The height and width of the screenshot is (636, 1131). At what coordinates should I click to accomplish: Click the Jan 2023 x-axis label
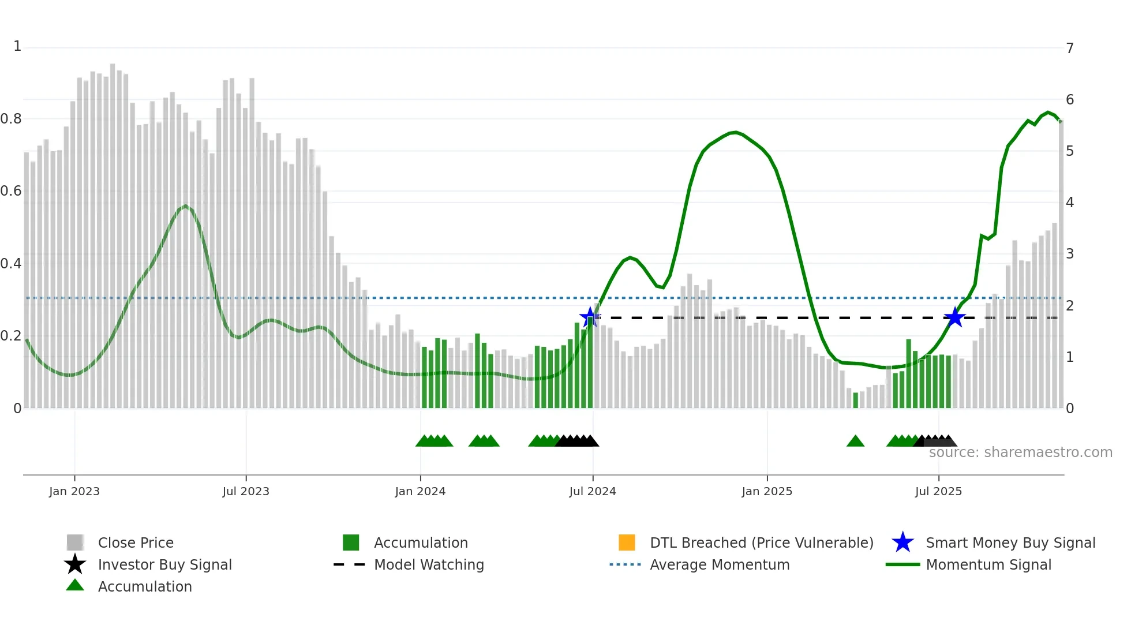pyautogui.click(x=74, y=491)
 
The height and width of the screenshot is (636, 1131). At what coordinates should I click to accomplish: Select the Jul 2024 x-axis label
pyautogui.click(x=592, y=491)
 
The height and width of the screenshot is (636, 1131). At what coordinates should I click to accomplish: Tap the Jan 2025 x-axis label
pyautogui.click(x=766, y=491)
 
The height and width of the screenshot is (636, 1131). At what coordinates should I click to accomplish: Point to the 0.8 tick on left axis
pyautogui.click(x=11, y=119)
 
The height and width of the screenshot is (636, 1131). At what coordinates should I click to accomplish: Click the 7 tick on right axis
pyautogui.click(x=1070, y=48)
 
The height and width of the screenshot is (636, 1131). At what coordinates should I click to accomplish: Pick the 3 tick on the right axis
pyautogui.click(x=1070, y=254)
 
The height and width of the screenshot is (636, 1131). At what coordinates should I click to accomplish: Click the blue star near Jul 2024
pyautogui.click(x=589, y=317)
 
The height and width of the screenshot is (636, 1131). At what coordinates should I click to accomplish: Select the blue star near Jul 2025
pyautogui.click(x=955, y=317)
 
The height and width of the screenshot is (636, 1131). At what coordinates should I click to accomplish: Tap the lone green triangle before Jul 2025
pyautogui.click(x=855, y=442)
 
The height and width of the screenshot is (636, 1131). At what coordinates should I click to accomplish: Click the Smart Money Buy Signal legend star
pyautogui.click(x=902, y=543)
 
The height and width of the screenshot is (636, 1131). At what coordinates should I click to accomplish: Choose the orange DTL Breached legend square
pyautogui.click(x=627, y=543)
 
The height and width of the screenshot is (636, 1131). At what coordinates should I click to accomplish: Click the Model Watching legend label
pyautogui.click(x=429, y=564)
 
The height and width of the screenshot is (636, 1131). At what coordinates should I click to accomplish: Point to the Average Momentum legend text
pyautogui.click(x=720, y=564)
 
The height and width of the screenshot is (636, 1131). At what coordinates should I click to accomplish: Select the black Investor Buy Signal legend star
pyautogui.click(x=75, y=564)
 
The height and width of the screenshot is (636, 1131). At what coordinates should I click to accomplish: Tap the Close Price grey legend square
pyautogui.click(x=75, y=543)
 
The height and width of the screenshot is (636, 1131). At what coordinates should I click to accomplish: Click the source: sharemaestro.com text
pyautogui.click(x=1020, y=452)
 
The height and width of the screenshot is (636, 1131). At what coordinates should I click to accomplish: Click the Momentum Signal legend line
pyautogui.click(x=902, y=564)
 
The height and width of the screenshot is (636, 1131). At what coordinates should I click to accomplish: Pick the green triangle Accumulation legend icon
pyautogui.click(x=75, y=586)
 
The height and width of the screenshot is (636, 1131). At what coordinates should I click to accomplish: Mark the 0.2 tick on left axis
pyautogui.click(x=11, y=336)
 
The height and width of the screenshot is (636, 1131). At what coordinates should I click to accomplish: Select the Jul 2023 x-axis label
pyautogui.click(x=246, y=491)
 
